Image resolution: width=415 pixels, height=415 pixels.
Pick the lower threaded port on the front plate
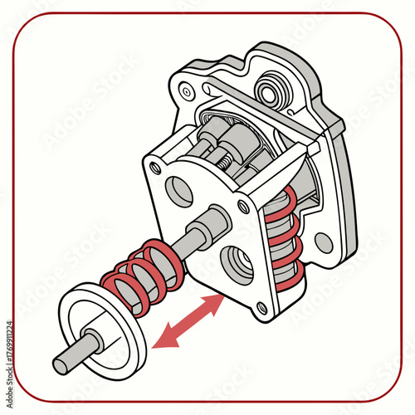coord(240,266)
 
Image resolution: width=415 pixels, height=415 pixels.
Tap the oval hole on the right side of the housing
coord(324,242)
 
